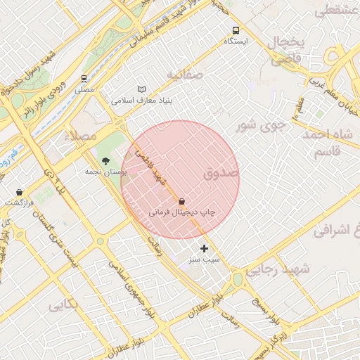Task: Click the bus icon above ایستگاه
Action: click(236, 30)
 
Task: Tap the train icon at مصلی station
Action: click(84, 79)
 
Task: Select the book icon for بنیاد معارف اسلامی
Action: click(142, 90)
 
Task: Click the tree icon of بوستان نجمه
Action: click(106, 161)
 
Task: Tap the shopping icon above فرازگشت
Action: click(19, 192)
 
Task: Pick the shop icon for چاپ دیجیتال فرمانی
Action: click(182, 201)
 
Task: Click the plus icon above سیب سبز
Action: click(205, 248)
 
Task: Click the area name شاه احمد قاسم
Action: click(328, 143)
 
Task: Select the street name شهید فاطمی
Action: click(150, 166)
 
